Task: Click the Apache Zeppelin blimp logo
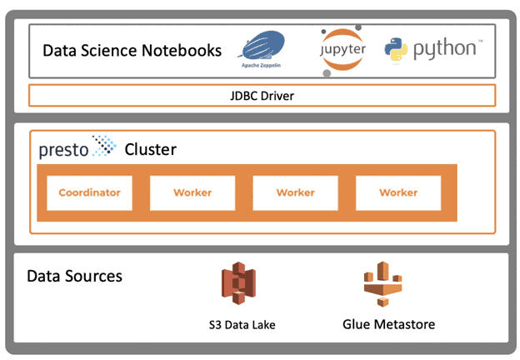coord(263,46)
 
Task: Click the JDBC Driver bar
coord(262,96)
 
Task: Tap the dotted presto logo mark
coord(104,147)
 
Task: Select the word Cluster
coord(151,151)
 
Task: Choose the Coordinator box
coord(89,192)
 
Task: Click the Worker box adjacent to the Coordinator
coord(192,192)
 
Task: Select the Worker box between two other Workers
coord(295,192)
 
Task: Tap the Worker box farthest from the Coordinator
coord(398,192)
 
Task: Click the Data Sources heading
coord(74,275)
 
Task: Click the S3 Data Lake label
coord(242,324)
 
